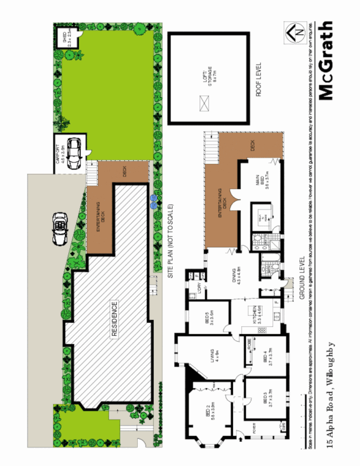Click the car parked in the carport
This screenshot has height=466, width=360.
coord(74,153)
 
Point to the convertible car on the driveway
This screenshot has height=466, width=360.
coord(61,228)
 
